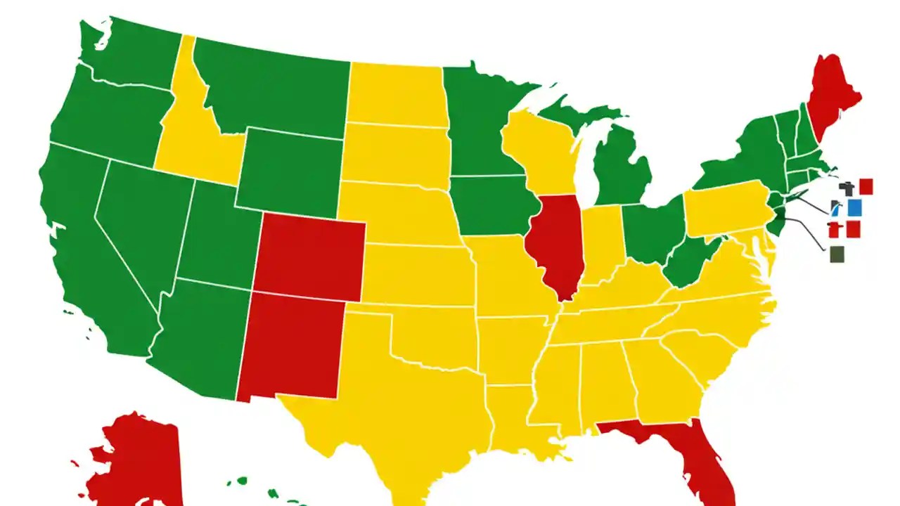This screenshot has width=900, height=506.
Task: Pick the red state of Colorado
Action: [309, 257]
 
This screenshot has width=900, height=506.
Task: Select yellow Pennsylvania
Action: [724, 207]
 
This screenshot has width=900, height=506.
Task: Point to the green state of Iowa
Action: [489, 204]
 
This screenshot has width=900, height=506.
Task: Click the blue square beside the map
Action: [854, 207]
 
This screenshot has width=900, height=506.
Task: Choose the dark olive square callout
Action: [837, 254]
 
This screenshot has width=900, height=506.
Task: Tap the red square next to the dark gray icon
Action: [866, 186]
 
